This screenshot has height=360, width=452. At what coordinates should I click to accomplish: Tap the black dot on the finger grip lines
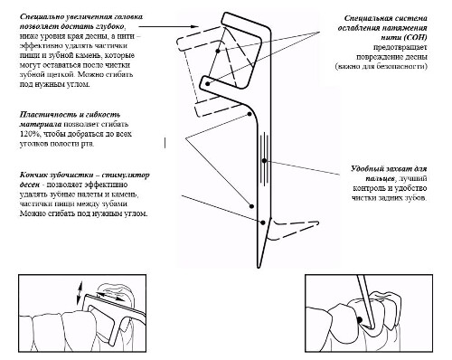tap(264, 161)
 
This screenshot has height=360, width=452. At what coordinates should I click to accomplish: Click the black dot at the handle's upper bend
tap(250, 114)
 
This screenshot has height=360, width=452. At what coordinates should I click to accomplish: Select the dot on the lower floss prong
tap(207, 84)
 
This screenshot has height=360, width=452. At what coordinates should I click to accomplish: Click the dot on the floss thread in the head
tap(218, 51)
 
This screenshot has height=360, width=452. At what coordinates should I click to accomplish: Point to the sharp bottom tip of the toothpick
tap(259, 267)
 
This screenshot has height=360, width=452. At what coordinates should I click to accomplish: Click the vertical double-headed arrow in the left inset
tap(80, 293)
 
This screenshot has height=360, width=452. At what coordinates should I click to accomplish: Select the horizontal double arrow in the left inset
tap(110, 296)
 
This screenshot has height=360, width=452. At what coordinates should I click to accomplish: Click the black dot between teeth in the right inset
tap(359, 319)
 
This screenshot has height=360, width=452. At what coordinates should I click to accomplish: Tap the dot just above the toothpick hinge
tap(252, 206)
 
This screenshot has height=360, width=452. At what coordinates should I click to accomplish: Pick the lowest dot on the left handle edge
tap(263, 223)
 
